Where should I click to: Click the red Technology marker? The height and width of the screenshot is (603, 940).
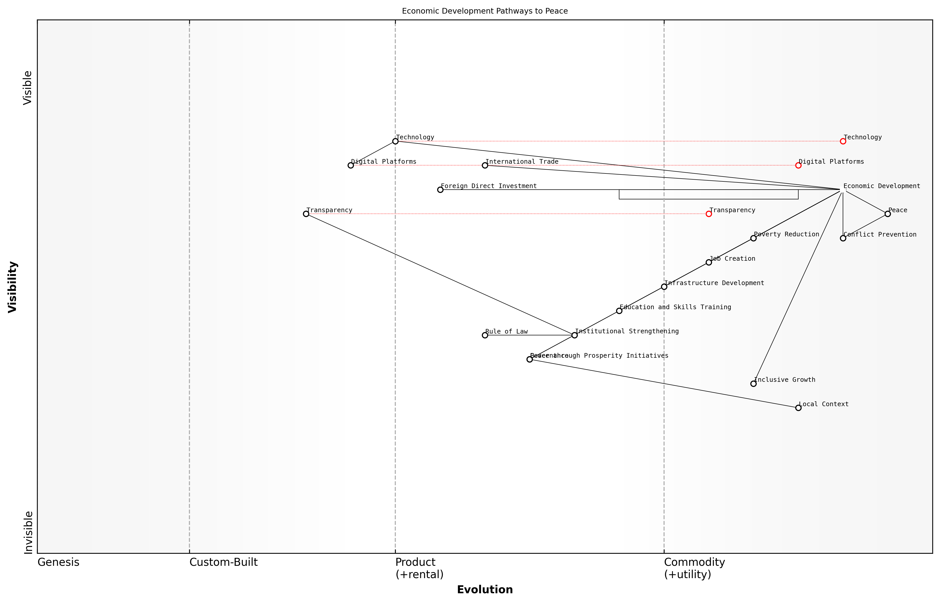pyautogui.click(x=843, y=141)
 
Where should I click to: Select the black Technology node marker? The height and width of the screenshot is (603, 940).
pyautogui.click(x=395, y=141)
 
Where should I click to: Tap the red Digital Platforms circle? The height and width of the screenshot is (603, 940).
pyautogui.click(x=798, y=166)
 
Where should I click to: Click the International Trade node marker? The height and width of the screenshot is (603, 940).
pyautogui.click(x=485, y=166)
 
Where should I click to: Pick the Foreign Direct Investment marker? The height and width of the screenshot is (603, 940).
pyautogui.click(x=440, y=190)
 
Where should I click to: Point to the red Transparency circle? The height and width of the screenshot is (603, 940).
pyautogui.click(x=708, y=214)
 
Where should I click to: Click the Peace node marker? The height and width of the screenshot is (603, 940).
pyautogui.click(x=888, y=214)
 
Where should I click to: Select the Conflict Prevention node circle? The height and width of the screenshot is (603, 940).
pyautogui.click(x=843, y=238)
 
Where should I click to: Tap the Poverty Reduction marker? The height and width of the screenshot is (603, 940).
pyautogui.click(x=753, y=238)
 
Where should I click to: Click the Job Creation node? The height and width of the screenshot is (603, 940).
pyautogui.click(x=708, y=262)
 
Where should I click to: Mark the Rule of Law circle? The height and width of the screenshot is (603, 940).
pyautogui.click(x=485, y=335)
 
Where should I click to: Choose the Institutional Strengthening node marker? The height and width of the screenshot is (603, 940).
pyautogui.click(x=574, y=335)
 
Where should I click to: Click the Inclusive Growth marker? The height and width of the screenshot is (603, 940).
pyautogui.click(x=753, y=384)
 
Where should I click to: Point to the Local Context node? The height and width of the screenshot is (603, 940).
pyautogui.click(x=798, y=408)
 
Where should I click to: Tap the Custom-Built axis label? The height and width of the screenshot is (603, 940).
pyautogui.click(x=223, y=562)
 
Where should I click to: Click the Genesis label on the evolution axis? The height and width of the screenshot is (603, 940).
pyautogui.click(x=58, y=562)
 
